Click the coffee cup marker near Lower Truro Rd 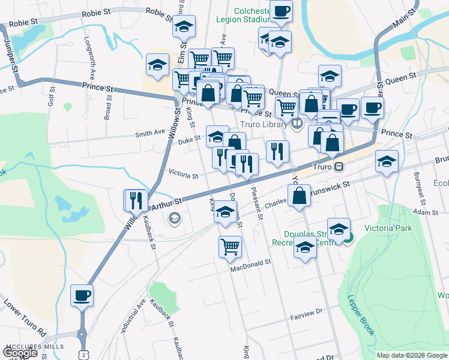tap(82, 295)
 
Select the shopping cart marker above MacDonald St tap(230, 247)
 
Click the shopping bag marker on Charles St tap(299, 196)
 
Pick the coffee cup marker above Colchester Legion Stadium tap(280, 11)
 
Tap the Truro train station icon tap(339, 166)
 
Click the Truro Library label tap(262, 124)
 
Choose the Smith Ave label tap(150, 133)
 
